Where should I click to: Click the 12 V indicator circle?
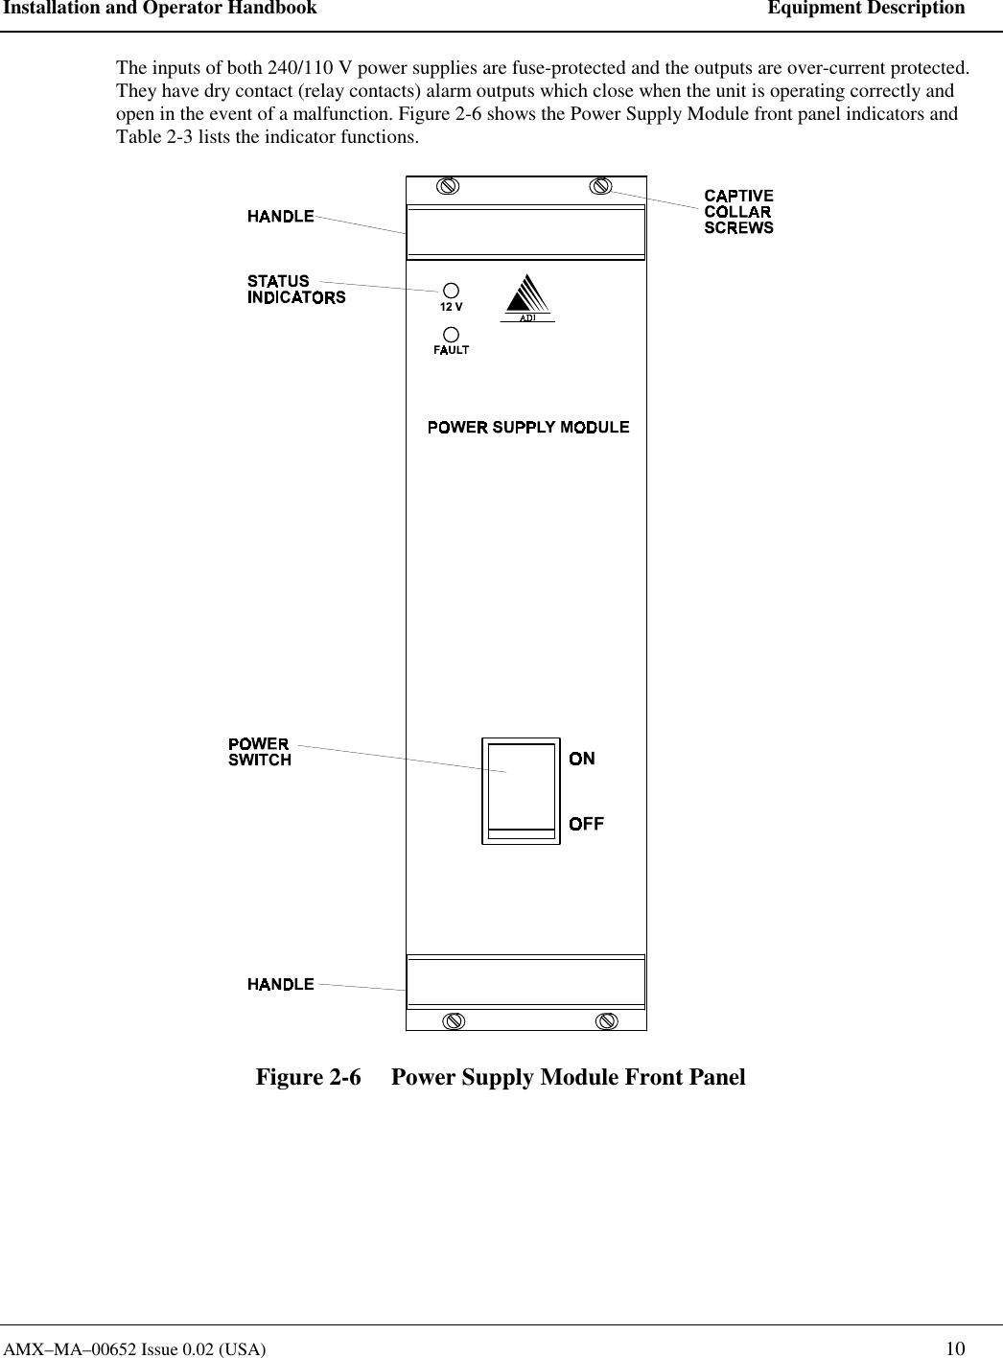pyautogui.click(x=450, y=289)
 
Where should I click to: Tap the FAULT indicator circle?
pyautogui.click(x=450, y=333)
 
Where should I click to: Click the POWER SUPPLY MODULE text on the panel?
pyautogui.click(x=528, y=427)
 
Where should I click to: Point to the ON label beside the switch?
pyautogui.click(x=582, y=759)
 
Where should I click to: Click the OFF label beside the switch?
pyautogui.click(x=587, y=824)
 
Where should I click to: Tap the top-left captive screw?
pyautogui.click(x=447, y=186)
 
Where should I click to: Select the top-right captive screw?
pyautogui.click(x=600, y=185)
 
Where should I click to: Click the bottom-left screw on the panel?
pyautogui.click(x=454, y=1020)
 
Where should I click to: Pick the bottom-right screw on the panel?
pyautogui.click(x=606, y=1020)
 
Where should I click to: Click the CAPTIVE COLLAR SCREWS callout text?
pyautogui.click(x=738, y=212)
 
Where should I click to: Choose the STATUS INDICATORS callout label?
pyautogui.click(x=296, y=289)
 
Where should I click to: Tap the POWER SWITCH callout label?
pyautogui.click(x=260, y=752)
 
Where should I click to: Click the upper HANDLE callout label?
pyautogui.click(x=281, y=217)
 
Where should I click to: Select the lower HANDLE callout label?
pyautogui.click(x=281, y=984)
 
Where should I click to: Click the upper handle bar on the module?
pyautogui.click(x=526, y=232)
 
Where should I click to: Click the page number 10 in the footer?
pyautogui.click(x=955, y=1348)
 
